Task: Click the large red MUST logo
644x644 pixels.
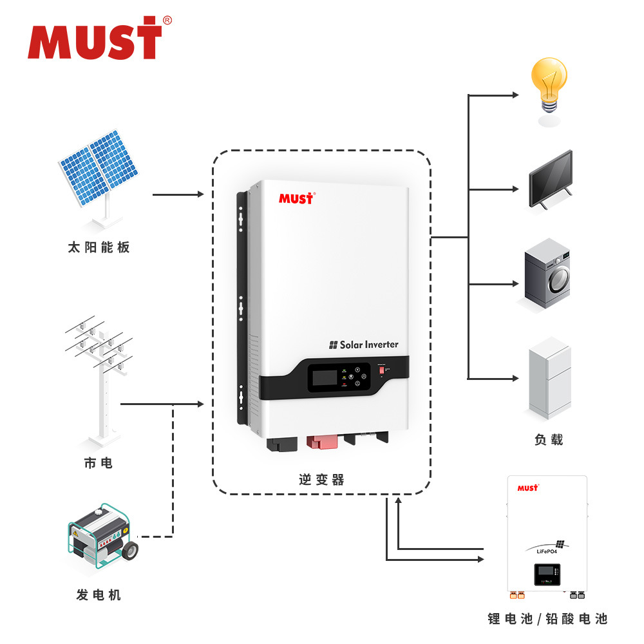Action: pos(95,40)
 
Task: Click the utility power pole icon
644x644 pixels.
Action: pos(100,380)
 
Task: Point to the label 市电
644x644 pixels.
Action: pos(98,462)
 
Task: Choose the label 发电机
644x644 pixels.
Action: pos(99,594)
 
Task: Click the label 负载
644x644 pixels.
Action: pos(549,440)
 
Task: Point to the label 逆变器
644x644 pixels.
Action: pos(321,480)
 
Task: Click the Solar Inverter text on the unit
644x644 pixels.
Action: pos(364,345)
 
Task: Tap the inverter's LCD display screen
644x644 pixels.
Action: pos(327,377)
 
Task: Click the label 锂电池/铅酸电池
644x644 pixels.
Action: pos(547,619)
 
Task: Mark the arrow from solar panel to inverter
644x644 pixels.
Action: pos(177,194)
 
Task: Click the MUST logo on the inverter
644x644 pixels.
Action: pos(296,198)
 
